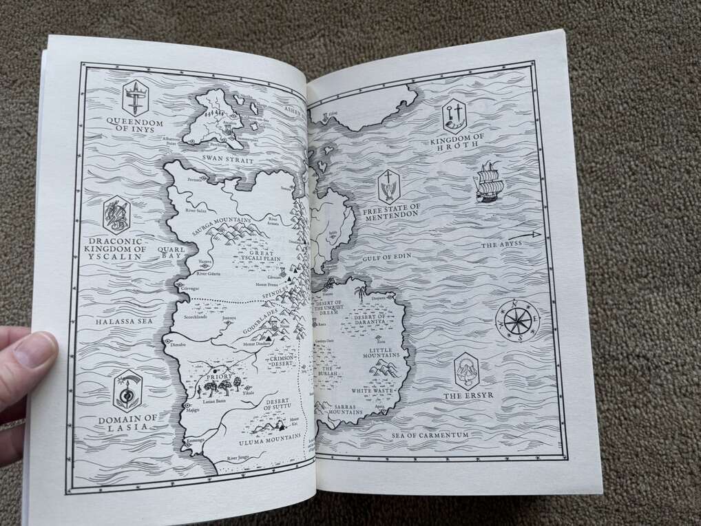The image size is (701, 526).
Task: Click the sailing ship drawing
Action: (489, 182)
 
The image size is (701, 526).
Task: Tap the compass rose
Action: (517, 320)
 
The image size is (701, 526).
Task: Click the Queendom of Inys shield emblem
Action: (135, 97)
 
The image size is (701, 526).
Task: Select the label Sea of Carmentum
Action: (430, 435)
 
